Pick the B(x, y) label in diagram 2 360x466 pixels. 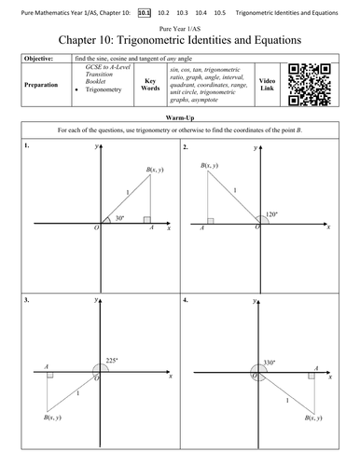[211, 166]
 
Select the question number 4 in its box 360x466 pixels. [187, 300]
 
